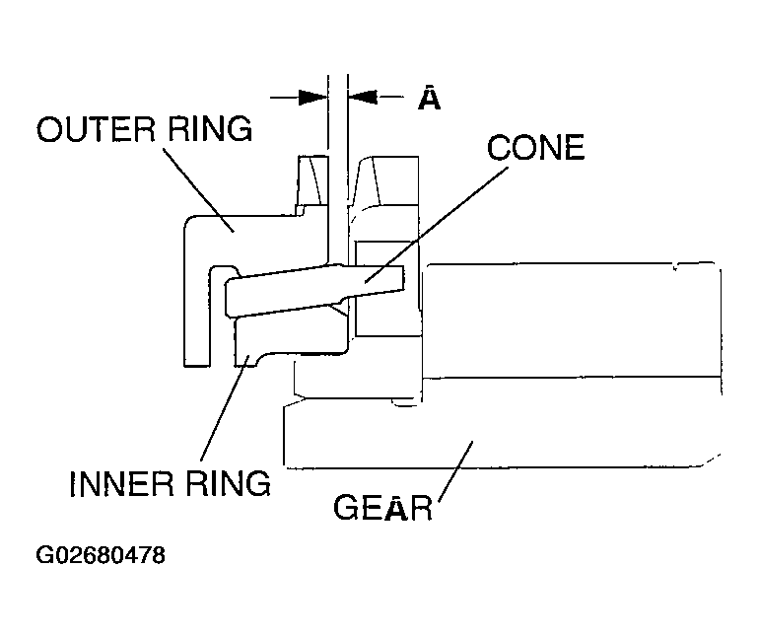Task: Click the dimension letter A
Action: tap(429, 99)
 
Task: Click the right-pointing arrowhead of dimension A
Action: tap(312, 97)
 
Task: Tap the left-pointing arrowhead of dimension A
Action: tap(362, 97)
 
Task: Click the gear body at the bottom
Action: tap(493, 439)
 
